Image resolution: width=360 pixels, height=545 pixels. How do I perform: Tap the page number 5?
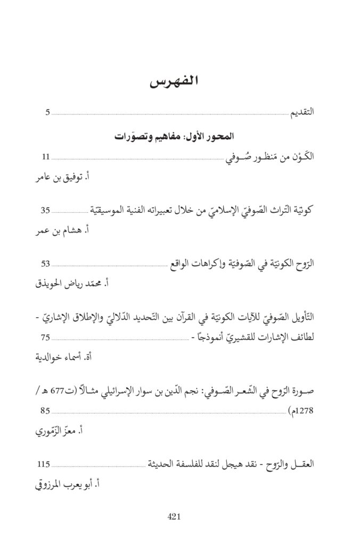click(x=47, y=112)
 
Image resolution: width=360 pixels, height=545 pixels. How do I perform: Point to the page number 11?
click(x=46, y=157)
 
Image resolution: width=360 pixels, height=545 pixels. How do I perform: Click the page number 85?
click(x=46, y=410)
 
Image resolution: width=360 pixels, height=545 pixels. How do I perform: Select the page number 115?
click(x=47, y=465)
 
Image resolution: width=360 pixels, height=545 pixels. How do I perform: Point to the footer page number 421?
click(x=175, y=516)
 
